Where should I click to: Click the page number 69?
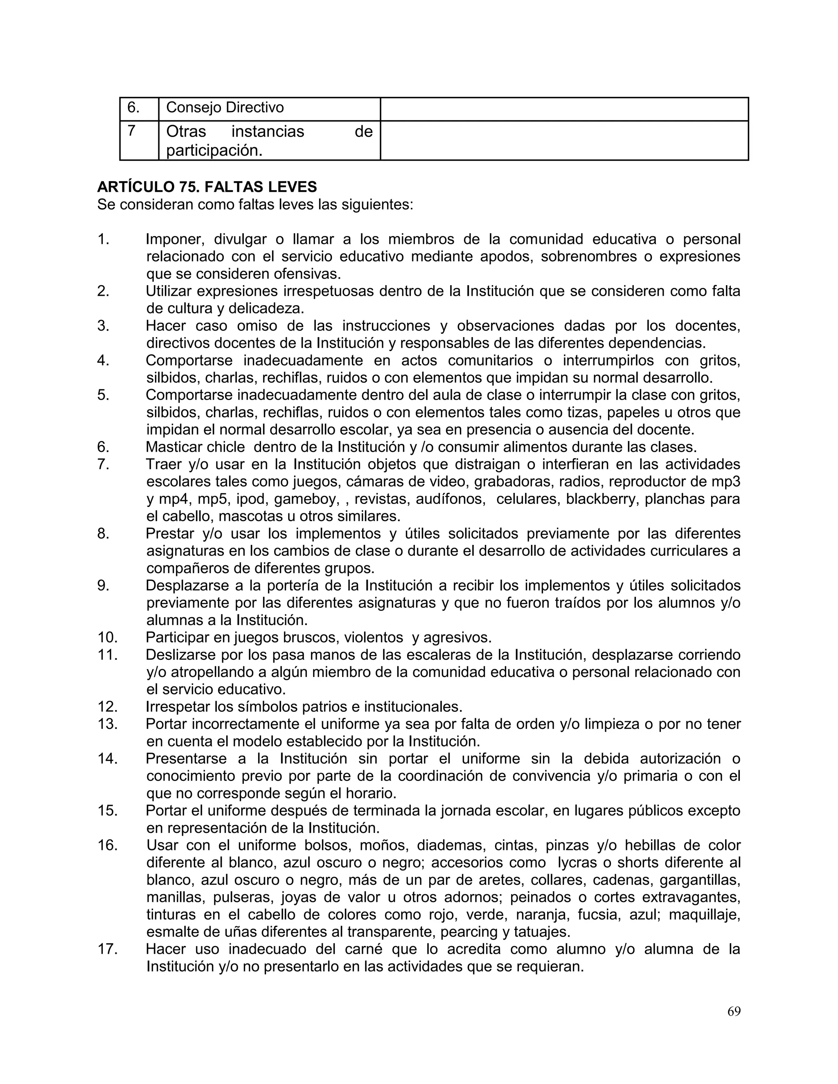pos(734,1012)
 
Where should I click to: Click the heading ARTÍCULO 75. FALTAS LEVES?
pos(207,187)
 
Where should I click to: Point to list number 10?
pos(107,637)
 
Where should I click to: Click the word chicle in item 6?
pos(226,447)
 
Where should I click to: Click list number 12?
pos(107,706)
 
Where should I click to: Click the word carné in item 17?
pos(363,949)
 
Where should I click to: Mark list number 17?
pos(107,949)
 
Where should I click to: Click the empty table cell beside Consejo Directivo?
pos(564,109)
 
